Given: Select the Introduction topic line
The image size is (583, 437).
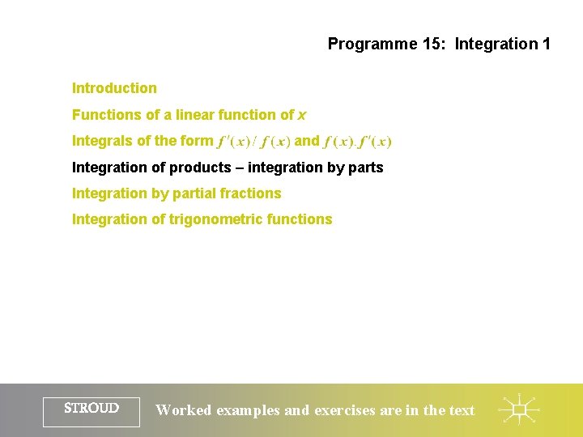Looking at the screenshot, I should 114,88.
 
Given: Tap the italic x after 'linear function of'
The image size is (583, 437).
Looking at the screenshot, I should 302,115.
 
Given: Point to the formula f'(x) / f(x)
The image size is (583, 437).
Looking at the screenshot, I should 254,142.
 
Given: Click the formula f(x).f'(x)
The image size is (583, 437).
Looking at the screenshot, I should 357,142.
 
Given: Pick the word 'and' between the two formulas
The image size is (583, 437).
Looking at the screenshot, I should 307,141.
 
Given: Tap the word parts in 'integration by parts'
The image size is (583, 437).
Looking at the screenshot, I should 365,168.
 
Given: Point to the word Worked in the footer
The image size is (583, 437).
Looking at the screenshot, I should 183,410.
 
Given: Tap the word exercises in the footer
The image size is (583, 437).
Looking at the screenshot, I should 344,410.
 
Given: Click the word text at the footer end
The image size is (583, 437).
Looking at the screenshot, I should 462,410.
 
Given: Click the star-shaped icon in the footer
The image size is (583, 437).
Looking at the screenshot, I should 519,410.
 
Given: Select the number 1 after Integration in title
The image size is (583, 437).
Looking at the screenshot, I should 546,44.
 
